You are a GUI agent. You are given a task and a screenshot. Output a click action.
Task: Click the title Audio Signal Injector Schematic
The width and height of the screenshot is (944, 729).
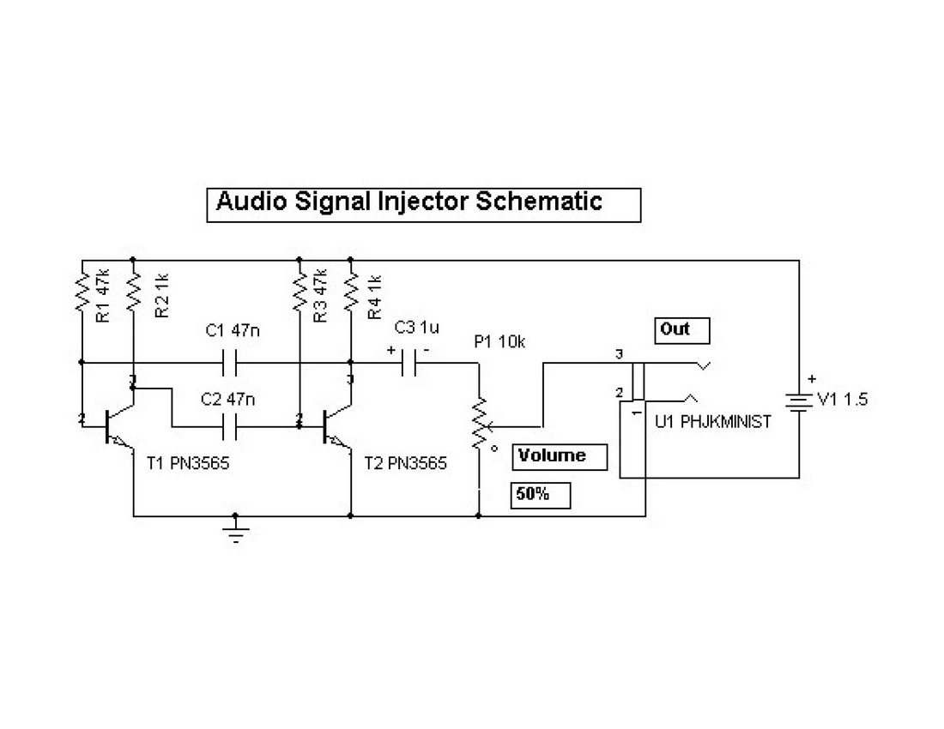pyautogui.click(x=409, y=202)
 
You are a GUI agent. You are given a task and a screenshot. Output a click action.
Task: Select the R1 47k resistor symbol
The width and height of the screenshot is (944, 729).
pyautogui.click(x=82, y=292)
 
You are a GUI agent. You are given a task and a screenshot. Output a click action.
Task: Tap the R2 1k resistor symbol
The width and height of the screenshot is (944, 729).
pyautogui.click(x=134, y=292)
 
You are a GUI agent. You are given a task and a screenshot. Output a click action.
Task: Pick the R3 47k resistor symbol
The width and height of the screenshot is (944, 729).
pyautogui.click(x=300, y=292)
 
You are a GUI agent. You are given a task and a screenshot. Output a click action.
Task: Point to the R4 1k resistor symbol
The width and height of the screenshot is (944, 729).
pyautogui.click(x=351, y=292)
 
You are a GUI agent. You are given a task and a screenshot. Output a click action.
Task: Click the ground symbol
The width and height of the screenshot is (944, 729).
pyautogui.click(x=235, y=532)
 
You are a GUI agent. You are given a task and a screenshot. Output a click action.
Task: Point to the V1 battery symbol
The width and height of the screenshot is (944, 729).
pyautogui.click(x=799, y=401)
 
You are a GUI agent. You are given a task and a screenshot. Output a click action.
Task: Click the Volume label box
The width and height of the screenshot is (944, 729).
pyautogui.click(x=560, y=456)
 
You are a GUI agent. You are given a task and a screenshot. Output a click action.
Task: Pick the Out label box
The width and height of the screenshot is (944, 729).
pyautogui.click(x=683, y=330)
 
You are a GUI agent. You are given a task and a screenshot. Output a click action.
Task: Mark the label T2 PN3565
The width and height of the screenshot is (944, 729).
pyautogui.click(x=405, y=464)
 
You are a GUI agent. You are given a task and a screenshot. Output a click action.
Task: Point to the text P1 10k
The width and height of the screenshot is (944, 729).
pyautogui.click(x=499, y=342)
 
